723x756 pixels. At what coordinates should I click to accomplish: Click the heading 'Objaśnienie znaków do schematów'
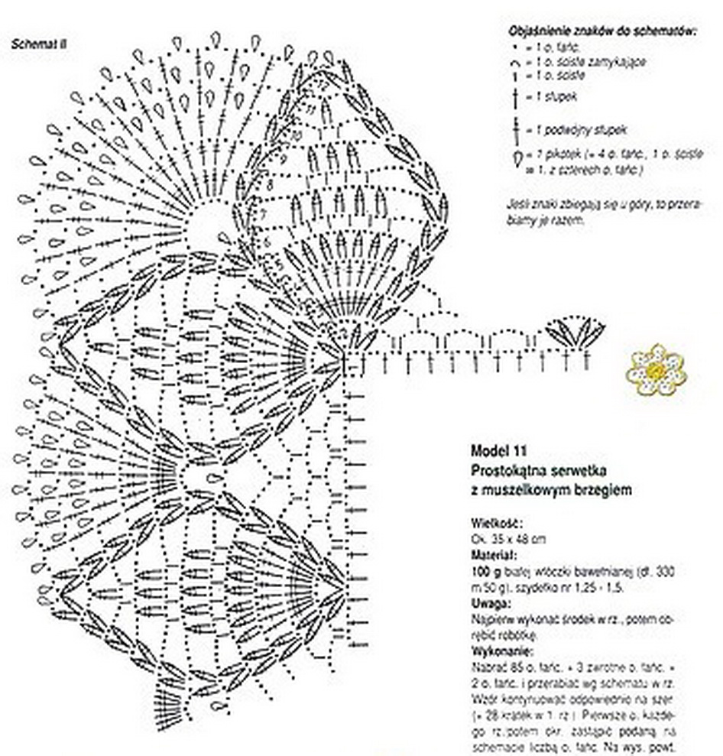pos(601,32)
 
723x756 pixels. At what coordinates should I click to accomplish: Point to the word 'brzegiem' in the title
pos(604,489)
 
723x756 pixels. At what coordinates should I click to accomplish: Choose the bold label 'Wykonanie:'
pos(498,652)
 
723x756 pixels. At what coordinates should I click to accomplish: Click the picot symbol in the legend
pos(518,157)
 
